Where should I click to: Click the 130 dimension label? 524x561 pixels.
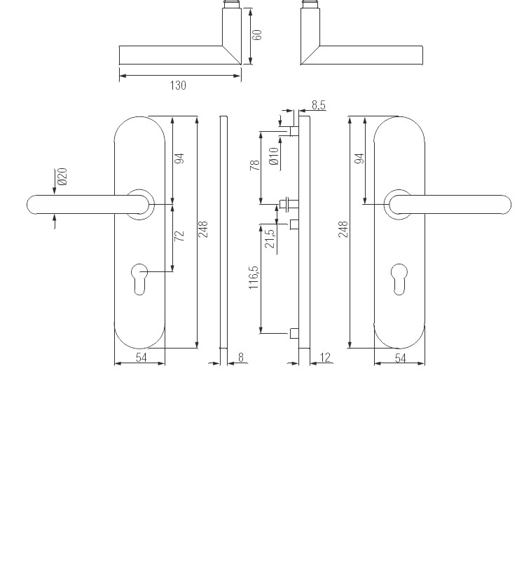click(178, 86)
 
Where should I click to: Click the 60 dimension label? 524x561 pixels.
click(257, 34)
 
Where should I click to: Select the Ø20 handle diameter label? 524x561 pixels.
click(62, 177)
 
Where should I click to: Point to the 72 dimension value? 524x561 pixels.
click(179, 236)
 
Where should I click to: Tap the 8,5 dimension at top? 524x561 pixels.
click(318, 105)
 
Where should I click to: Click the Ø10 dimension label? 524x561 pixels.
click(274, 155)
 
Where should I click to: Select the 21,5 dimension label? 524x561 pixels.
click(270, 240)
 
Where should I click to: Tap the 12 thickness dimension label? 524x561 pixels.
click(324, 358)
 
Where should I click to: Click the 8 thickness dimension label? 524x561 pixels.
click(240, 358)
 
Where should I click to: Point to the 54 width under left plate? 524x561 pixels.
click(140, 358)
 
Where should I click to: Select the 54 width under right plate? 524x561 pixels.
click(400, 358)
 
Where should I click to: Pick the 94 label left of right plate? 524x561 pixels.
click(360, 158)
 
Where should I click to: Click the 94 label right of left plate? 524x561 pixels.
click(179, 158)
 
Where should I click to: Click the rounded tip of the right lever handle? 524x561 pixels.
click(503, 204)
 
